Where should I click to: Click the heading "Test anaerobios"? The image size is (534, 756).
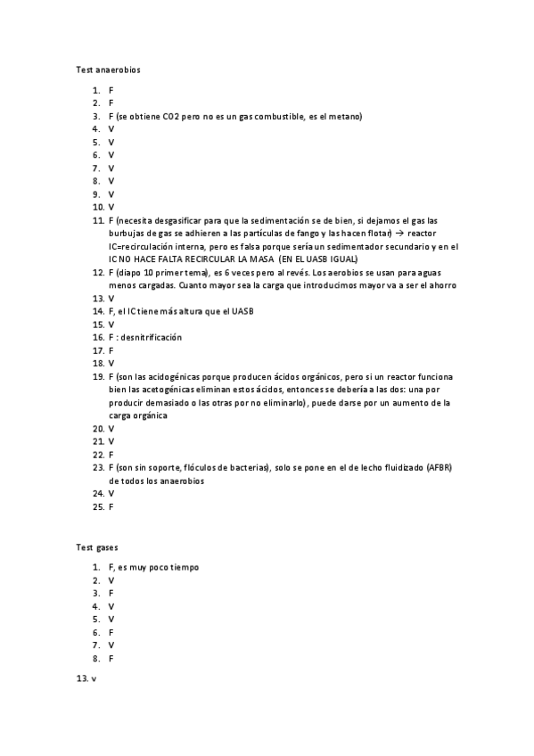(108, 69)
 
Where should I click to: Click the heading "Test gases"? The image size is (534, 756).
(97, 546)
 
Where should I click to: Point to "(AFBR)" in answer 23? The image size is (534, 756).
(439, 468)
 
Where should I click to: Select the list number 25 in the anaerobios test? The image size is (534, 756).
(98, 507)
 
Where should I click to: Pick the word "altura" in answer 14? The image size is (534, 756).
(201, 311)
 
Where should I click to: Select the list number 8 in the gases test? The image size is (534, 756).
(95, 659)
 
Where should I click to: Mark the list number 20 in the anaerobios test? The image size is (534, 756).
(98, 429)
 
